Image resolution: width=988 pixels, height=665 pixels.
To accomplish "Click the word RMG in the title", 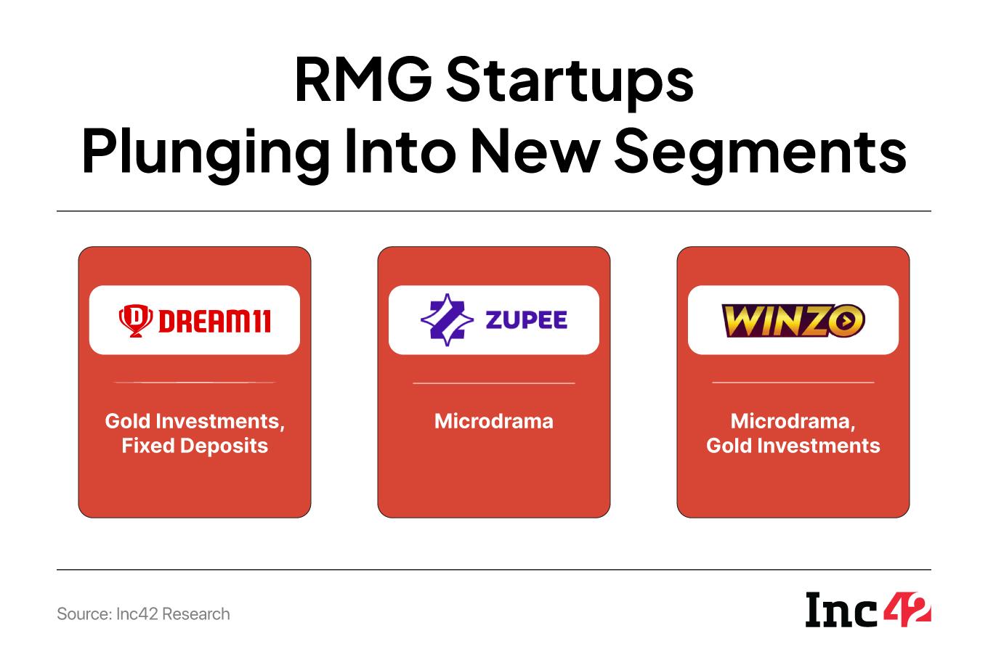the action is coord(363,79).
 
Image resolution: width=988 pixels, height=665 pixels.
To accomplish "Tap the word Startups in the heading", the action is coord(570,83).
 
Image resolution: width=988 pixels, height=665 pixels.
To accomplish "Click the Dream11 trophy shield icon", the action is coord(136,320).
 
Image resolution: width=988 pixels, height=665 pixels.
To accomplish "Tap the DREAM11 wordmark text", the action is coord(215,321).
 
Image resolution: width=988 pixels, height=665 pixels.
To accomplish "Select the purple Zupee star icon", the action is coord(448,320).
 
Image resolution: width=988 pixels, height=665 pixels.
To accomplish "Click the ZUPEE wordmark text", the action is coord(526,320).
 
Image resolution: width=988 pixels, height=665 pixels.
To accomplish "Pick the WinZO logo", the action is coord(793,320).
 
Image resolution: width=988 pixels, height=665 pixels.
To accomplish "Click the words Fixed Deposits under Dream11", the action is coord(195,446).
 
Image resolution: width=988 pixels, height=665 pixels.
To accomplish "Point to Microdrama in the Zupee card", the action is coord(493,421).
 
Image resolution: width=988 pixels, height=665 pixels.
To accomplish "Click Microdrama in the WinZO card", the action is coord(790,421).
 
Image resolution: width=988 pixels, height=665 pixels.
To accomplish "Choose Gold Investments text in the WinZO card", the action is coord(793,446).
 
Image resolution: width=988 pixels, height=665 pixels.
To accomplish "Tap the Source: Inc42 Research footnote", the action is coord(143,614).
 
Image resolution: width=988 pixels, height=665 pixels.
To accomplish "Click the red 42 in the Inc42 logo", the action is coord(907,610).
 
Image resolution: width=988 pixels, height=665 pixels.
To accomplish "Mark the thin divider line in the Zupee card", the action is coord(493,383).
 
